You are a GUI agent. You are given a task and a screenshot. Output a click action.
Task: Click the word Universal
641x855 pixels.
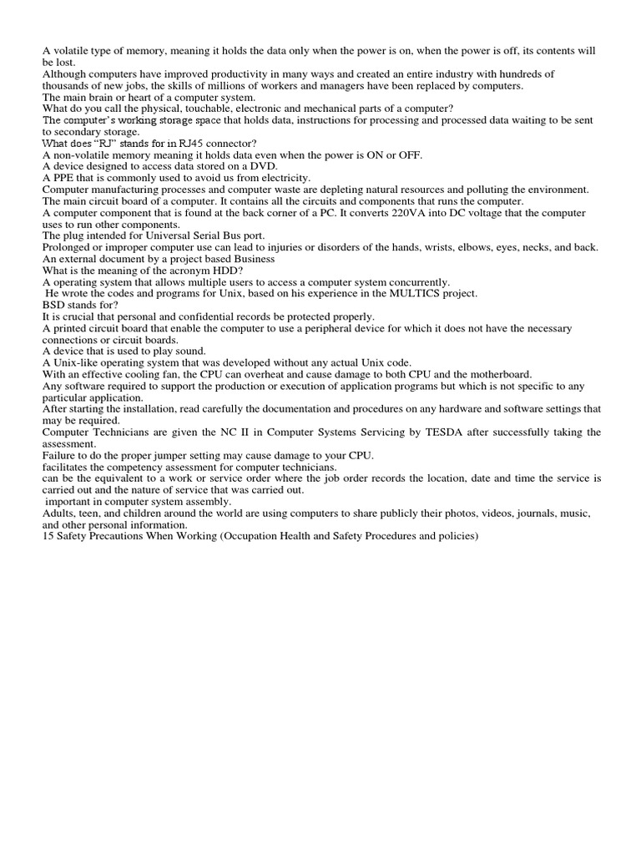(x=159, y=236)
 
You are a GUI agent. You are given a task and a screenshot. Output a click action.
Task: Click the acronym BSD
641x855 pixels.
(x=54, y=306)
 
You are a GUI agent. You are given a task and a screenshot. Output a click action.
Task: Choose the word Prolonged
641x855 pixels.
(x=68, y=248)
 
